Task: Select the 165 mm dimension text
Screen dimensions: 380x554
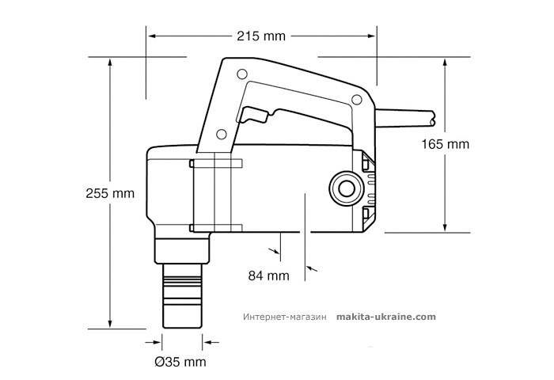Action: (x=446, y=145)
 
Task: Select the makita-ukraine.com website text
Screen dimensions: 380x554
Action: (x=386, y=315)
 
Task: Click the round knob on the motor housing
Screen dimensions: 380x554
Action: (x=344, y=189)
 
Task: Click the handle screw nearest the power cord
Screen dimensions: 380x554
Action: (x=356, y=99)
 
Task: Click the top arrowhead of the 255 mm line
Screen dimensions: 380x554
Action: (x=109, y=61)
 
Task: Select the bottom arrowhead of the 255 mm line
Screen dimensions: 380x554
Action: (x=109, y=325)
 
